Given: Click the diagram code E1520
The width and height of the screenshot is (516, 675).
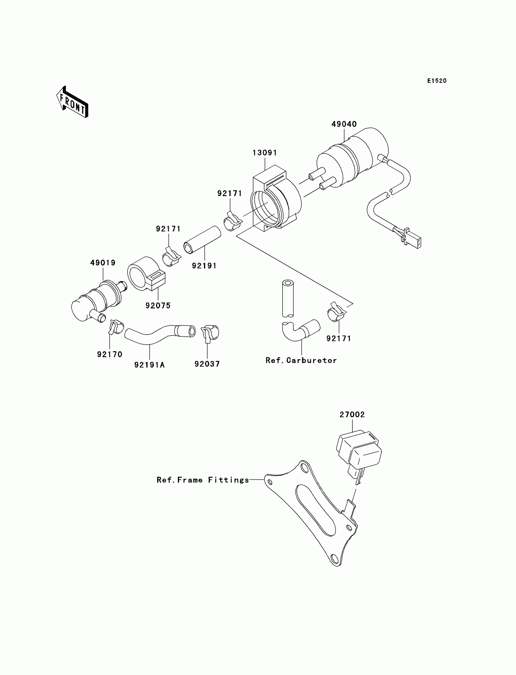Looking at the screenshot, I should [x=436, y=81].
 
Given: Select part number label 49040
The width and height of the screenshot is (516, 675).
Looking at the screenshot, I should [x=344, y=124].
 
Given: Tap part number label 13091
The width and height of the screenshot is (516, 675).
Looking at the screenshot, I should [x=264, y=153].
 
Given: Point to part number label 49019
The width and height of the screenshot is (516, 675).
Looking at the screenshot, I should [x=103, y=263].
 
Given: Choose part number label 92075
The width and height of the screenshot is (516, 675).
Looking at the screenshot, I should [x=158, y=305].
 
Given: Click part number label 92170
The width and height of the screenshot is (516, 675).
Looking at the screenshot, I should [x=110, y=354].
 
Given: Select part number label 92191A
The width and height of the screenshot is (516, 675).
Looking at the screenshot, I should [x=149, y=365].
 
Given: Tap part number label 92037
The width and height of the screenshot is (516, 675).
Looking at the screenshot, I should [x=207, y=364].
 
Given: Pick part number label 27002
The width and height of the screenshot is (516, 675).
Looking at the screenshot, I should [x=352, y=414].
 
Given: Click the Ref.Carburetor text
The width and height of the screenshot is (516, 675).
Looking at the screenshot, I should [x=301, y=360].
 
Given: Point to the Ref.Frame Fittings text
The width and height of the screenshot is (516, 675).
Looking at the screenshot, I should [x=203, y=479].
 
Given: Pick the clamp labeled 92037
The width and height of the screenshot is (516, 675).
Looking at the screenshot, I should [x=210, y=333].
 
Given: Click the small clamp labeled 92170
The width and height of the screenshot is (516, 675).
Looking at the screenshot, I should [x=115, y=327].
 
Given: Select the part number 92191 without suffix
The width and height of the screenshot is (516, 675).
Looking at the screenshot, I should [x=204, y=266].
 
